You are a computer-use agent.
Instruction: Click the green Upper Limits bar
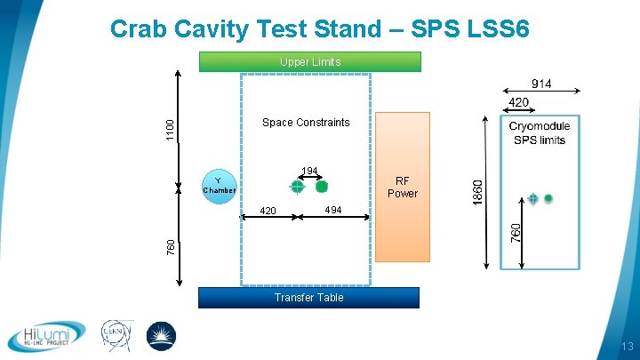click(309, 61)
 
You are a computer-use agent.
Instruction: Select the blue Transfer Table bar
click(308, 297)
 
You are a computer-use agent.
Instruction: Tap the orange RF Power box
click(402, 187)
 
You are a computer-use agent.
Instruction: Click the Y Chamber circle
click(219, 185)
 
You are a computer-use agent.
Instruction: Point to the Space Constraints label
click(306, 123)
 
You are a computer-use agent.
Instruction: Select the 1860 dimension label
click(477, 190)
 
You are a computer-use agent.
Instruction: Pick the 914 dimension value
click(542, 84)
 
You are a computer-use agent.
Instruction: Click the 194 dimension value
click(309, 170)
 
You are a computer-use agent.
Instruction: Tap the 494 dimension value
click(332, 210)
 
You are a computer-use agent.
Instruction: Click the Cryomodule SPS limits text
click(540, 133)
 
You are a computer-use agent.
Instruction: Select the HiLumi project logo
click(46, 336)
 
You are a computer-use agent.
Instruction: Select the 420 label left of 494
click(268, 211)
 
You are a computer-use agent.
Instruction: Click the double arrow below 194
click(309, 179)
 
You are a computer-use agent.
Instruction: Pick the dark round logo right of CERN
click(161, 336)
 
